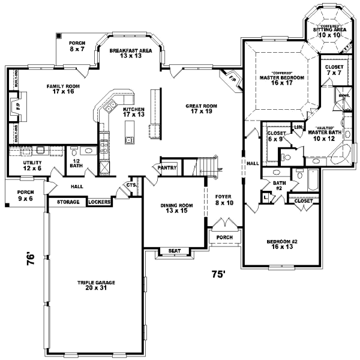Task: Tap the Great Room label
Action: click(x=203, y=109)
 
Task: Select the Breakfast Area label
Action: click(x=130, y=53)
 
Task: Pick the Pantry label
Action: click(x=167, y=168)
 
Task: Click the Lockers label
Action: click(x=99, y=202)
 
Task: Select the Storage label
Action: click(x=68, y=202)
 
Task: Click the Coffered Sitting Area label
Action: click(x=328, y=32)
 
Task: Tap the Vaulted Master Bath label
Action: click(x=322, y=136)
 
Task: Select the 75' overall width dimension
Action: click(x=217, y=274)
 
